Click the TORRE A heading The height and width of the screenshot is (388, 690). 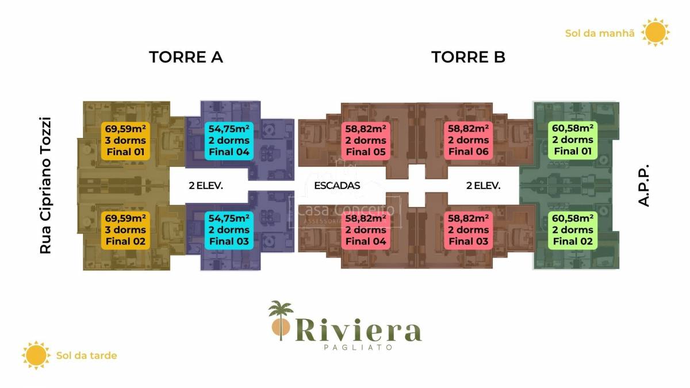point(186,57)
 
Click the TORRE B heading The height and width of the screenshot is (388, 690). point(468,57)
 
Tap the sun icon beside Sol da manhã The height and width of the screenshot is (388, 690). point(655,32)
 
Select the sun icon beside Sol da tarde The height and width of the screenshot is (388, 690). point(36,355)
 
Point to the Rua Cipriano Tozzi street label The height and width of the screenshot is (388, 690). point(45,186)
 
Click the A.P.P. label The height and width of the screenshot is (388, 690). point(643,186)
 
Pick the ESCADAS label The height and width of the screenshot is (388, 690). point(337,186)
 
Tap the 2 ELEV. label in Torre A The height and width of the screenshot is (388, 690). point(206,186)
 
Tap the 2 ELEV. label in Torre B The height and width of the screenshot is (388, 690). point(483,186)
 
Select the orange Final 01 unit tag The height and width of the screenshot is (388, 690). point(125,140)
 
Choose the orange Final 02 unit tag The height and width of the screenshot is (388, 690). point(125,230)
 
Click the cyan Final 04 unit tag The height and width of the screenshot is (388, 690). point(229,140)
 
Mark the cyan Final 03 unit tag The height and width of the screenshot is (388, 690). point(229,230)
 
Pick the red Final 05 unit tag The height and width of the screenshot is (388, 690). point(365,140)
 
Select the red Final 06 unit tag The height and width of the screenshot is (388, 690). point(469,140)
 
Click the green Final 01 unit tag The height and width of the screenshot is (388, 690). point(573,140)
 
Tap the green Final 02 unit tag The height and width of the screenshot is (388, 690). point(573,230)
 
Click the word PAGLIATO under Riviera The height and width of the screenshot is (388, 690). point(358,347)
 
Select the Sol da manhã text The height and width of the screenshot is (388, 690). point(600,33)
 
